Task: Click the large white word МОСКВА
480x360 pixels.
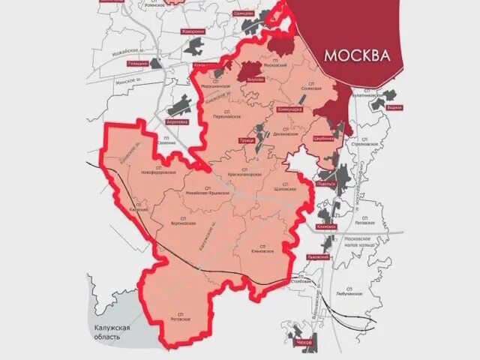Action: tap(357, 55)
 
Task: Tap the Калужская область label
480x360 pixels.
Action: tap(112, 332)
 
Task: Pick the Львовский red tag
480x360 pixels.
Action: tap(318, 256)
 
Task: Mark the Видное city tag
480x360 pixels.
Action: tap(394, 106)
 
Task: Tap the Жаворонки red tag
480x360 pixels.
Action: tap(193, 32)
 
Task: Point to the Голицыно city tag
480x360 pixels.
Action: tap(138, 64)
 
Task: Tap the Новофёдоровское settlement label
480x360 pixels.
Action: tap(158, 171)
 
